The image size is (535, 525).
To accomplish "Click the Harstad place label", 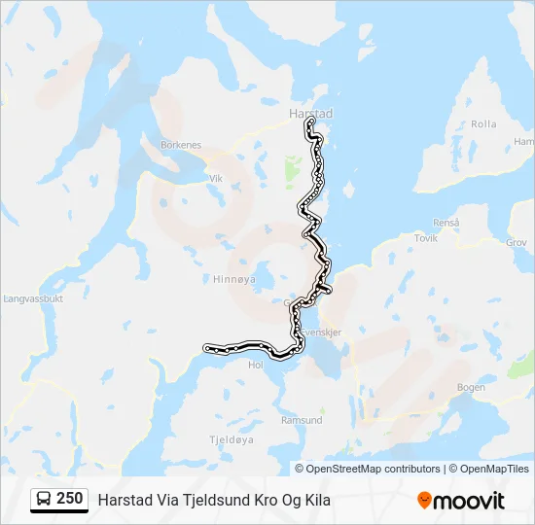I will click(x=310, y=114).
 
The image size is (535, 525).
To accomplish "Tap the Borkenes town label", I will click(x=181, y=145).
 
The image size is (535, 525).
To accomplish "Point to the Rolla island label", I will click(x=483, y=124).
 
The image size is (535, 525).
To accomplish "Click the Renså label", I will click(x=446, y=223).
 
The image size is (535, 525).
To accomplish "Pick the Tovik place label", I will click(x=426, y=237).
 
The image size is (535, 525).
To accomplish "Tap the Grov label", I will click(x=517, y=243).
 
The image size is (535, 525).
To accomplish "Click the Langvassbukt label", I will click(x=33, y=299).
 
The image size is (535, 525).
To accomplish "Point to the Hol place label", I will click(x=257, y=365).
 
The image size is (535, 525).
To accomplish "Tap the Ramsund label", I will click(x=302, y=420).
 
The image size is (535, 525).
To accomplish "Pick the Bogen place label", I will click(x=471, y=387).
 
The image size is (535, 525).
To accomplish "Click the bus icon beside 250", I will click(x=44, y=500).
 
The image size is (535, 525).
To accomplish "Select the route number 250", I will click(x=69, y=499).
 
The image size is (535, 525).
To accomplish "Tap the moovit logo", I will click(x=461, y=500).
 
